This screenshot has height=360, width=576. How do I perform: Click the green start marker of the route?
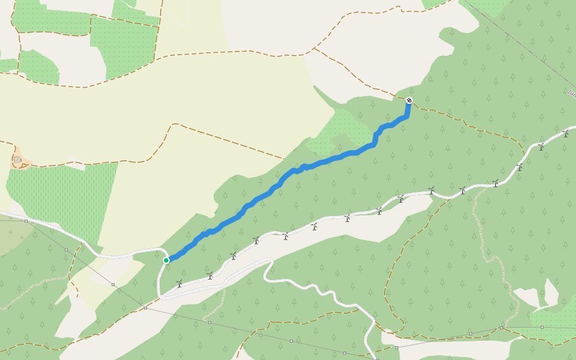click(166, 260)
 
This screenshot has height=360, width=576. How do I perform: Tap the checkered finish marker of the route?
click(409, 100)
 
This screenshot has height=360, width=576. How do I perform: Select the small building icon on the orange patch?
click(17, 161)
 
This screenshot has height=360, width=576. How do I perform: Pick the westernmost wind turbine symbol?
click(179, 283)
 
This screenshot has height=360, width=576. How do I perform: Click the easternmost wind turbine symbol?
click(565, 133)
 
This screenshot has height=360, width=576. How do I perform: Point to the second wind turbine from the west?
click(209, 275)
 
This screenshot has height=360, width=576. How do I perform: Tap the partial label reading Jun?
click(571, 92)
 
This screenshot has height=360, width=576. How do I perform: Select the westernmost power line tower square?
click(26, 221)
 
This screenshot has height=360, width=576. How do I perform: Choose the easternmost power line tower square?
click(541, 328)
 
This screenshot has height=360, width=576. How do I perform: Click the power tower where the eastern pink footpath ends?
click(501, 328)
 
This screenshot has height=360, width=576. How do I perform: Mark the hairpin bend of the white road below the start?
click(161, 294)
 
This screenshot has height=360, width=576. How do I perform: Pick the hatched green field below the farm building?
click(66, 198)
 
